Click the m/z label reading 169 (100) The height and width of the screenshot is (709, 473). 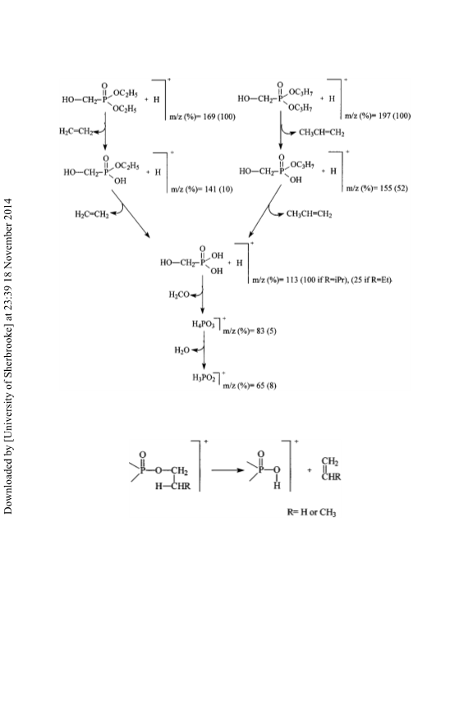point(202,117)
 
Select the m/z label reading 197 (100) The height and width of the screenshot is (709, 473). point(378,116)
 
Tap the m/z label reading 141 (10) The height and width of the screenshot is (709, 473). point(201,190)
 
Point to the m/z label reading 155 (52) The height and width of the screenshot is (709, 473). point(377,188)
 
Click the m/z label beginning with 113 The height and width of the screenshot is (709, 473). point(322,281)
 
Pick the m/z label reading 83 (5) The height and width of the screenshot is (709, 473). point(250,331)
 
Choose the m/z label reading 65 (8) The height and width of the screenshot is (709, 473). point(250,386)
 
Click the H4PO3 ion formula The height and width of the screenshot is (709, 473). point(203,324)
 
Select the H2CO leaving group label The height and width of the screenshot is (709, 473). point(179,295)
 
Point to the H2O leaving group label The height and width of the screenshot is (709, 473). point(181,350)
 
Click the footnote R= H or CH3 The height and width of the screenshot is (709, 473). point(311,512)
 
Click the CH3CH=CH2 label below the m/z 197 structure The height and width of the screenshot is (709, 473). point(321,132)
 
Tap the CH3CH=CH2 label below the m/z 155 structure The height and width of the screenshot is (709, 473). point(309,213)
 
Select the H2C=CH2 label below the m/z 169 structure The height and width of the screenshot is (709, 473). point(76,131)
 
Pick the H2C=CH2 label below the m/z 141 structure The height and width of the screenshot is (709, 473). point(92,214)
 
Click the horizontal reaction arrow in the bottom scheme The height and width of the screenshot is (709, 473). point(227,470)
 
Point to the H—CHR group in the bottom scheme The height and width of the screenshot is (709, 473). point(172,487)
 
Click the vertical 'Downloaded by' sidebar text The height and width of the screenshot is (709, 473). point(8,356)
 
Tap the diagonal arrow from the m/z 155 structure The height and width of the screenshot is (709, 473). point(264,211)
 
